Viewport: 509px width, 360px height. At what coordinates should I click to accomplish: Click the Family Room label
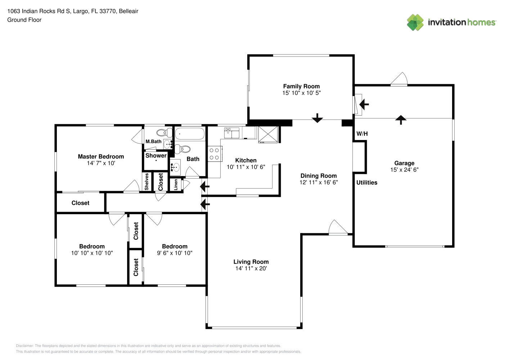coord(301,86)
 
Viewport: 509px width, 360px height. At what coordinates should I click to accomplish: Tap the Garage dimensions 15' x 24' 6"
coord(405,170)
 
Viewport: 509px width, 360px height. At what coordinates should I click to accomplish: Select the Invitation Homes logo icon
coord(415,22)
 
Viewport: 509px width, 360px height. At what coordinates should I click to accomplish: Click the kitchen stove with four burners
coord(215,154)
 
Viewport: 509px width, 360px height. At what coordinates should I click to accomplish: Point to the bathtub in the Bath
coord(190,134)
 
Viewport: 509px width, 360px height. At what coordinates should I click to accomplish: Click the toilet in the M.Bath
coord(165,132)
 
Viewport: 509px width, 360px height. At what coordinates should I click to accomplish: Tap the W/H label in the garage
coord(362,134)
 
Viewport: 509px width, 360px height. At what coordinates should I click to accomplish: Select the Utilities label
coord(367,183)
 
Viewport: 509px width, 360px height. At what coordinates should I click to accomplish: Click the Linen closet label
coord(176,185)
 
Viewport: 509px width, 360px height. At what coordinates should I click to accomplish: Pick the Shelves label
coord(147,181)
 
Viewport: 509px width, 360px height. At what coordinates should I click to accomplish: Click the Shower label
coord(156,156)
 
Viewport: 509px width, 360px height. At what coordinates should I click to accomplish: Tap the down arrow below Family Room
coord(317,118)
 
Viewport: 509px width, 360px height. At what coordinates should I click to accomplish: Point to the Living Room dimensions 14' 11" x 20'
coord(251,269)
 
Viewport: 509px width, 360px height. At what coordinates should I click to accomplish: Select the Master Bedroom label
coord(101,157)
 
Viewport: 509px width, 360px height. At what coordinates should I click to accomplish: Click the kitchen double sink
coord(231,133)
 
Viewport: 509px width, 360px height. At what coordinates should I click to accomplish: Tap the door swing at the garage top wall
coord(399,78)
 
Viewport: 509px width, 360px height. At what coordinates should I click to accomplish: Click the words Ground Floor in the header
coord(24,20)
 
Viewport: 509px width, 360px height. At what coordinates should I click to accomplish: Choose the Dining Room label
coord(319,176)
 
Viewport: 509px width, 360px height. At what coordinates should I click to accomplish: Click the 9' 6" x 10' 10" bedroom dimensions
coord(175,253)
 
